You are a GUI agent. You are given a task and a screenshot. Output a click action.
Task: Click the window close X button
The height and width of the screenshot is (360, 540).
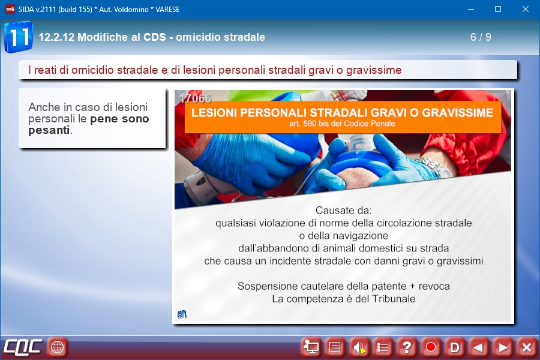pyautogui.click(x=525, y=10)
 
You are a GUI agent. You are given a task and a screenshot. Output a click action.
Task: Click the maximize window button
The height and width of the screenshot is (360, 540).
pyautogui.click(x=498, y=10)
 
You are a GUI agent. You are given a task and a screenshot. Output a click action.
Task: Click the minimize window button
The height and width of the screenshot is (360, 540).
pyautogui.click(x=471, y=10)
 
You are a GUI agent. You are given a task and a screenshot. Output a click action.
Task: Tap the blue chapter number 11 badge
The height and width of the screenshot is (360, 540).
pyautogui.click(x=19, y=37)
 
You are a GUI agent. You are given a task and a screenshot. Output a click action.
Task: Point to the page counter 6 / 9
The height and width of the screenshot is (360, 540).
pyautogui.click(x=481, y=37)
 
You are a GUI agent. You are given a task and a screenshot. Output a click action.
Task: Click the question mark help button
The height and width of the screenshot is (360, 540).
pyautogui.click(x=407, y=347)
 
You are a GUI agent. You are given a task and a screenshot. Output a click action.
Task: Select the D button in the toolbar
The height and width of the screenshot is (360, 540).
pyautogui.click(x=455, y=347)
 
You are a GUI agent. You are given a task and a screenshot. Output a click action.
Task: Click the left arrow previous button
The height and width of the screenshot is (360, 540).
pyautogui.click(x=478, y=347)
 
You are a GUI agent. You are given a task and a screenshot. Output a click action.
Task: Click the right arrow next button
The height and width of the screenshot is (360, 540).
pyautogui.click(x=502, y=347)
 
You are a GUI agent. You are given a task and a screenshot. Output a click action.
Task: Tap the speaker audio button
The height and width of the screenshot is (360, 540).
pyautogui.click(x=359, y=347)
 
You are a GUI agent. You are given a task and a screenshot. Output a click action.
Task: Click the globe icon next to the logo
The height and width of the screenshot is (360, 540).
pyautogui.click(x=57, y=347)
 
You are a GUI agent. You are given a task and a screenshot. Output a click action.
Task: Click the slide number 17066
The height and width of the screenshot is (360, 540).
pyautogui.click(x=195, y=98)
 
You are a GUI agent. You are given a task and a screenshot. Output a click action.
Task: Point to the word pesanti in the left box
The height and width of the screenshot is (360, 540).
pyautogui.click(x=49, y=130)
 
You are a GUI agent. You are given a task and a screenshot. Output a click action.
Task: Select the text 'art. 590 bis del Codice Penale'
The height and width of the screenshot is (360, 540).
pyautogui.click(x=343, y=124)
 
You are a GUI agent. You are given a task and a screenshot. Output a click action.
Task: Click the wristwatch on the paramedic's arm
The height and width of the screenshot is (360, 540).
pyautogui.click(x=434, y=167)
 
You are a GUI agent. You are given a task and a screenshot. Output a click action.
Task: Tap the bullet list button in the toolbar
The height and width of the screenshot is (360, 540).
pyautogui.click(x=383, y=347)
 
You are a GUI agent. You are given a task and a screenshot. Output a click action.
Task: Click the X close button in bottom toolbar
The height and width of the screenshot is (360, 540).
pyautogui.click(x=526, y=347)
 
